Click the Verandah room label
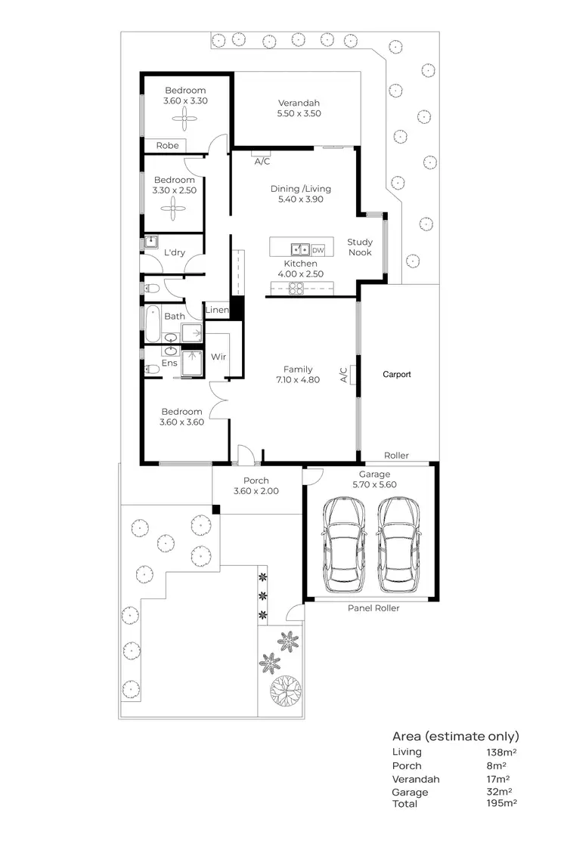click(299, 104)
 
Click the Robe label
click(168, 145)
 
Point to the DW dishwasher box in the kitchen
click(318, 249)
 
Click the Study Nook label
click(360, 248)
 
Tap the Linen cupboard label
click(217, 311)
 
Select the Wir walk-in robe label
click(219, 357)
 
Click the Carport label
click(397, 374)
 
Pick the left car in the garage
click(344, 548)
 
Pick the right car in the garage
click(398, 548)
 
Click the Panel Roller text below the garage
click(373, 608)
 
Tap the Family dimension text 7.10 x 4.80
click(298, 380)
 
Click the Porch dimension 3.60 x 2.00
click(256, 491)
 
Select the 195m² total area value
click(501, 804)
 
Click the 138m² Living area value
click(501, 753)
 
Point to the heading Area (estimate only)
click(455, 736)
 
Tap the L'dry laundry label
click(175, 252)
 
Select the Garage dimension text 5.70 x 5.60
click(374, 485)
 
